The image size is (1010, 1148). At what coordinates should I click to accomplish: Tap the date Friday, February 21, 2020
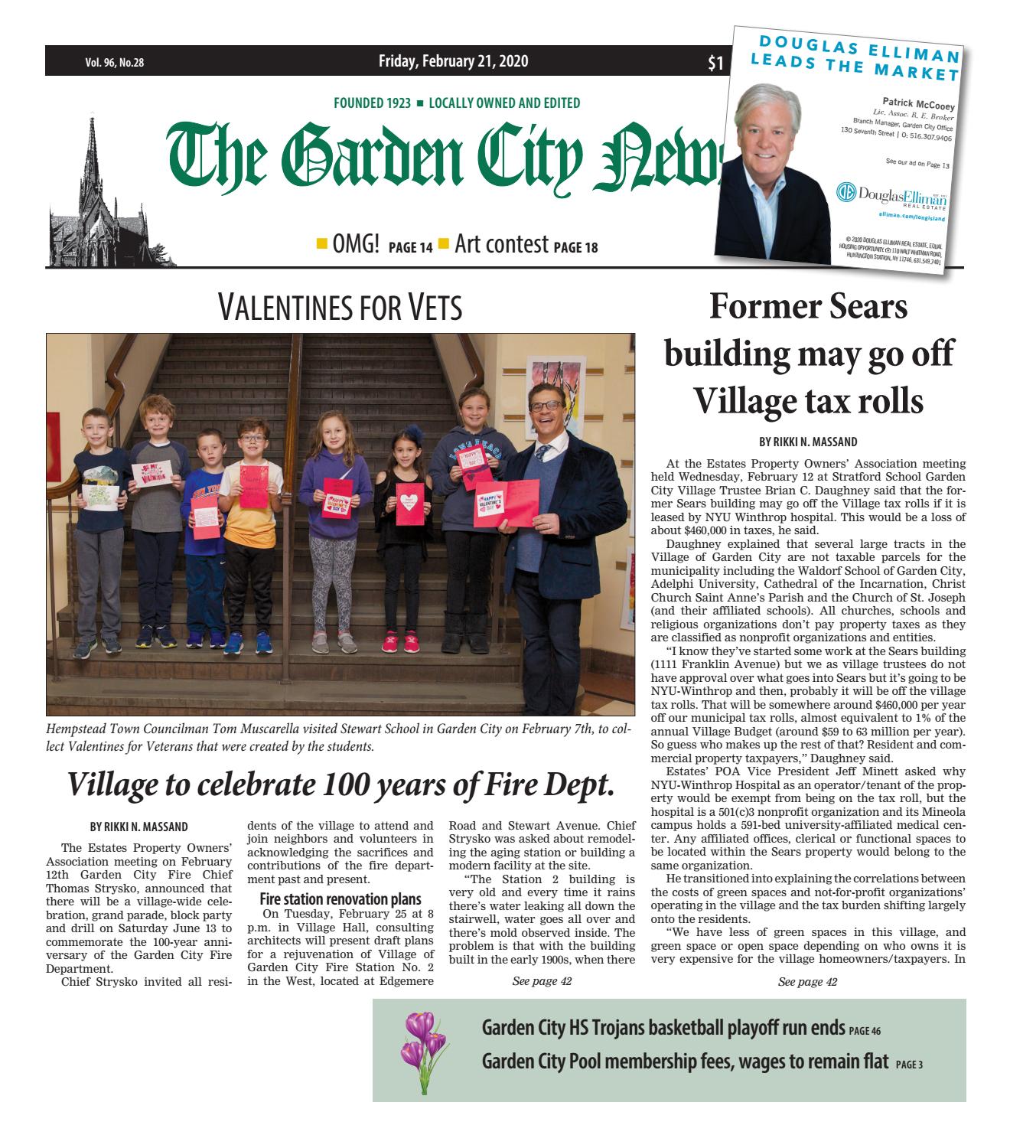453,62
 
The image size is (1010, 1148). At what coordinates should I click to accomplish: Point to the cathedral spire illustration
94,191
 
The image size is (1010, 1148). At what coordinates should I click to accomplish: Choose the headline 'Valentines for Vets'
340,308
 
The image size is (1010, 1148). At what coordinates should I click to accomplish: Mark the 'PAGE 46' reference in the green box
865,1031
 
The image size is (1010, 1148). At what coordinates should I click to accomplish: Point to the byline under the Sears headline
808,442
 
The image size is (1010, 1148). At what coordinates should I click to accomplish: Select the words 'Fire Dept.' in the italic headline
549,784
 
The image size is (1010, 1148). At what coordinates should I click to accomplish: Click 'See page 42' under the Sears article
807,982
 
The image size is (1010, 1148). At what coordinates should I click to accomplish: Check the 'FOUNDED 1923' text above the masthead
372,103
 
